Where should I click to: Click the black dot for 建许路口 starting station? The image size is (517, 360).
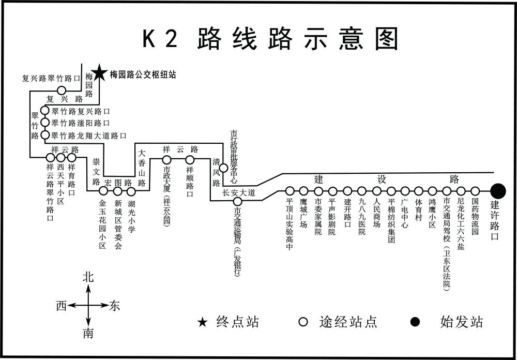[x=498, y=190]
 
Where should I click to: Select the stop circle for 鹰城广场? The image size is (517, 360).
[x=303, y=191]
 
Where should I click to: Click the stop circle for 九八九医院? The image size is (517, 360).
[x=362, y=191]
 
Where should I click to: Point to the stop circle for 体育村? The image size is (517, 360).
[x=419, y=191]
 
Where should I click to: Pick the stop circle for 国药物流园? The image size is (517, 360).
[x=475, y=191]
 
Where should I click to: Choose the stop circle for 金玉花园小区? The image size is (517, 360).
[x=103, y=191]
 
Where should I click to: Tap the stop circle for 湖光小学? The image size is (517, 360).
[x=131, y=191]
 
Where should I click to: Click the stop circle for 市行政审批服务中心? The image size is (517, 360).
[x=223, y=168]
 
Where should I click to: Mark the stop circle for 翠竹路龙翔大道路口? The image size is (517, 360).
[x=45, y=136]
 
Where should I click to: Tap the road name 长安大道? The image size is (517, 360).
[x=239, y=192]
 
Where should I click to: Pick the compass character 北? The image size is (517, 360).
[x=89, y=277]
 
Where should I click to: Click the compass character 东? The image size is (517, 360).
[x=114, y=306]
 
